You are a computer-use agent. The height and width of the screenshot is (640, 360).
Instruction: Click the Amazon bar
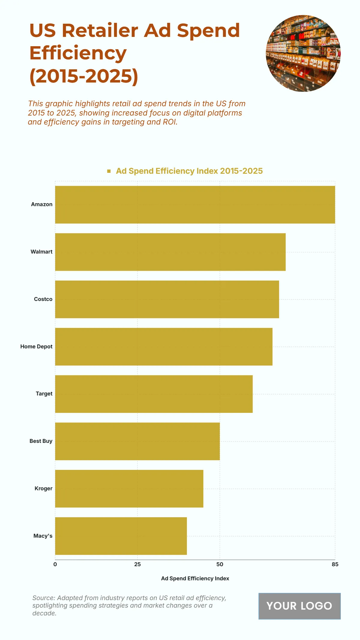[x=195, y=205]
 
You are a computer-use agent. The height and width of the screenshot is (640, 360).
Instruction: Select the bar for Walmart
[x=170, y=252]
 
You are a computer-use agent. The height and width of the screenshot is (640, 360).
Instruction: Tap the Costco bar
[x=167, y=299]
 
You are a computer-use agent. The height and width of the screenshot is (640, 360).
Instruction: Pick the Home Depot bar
[x=163, y=347]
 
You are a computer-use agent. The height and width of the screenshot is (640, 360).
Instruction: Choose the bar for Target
[x=154, y=394]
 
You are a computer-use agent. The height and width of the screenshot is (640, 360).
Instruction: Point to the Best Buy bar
[x=137, y=441]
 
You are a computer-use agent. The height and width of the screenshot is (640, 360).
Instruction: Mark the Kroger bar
[x=129, y=488]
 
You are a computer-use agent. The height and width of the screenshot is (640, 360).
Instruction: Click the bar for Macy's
[x=121, y=536]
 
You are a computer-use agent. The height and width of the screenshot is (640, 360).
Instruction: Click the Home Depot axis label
[x=36, y=347]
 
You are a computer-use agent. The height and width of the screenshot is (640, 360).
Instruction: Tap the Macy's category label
[x=43, y=536]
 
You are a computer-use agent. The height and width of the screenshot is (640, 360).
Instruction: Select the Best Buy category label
[x=41, y=441]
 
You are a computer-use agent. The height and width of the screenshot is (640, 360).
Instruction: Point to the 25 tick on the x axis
[x=137, y=564]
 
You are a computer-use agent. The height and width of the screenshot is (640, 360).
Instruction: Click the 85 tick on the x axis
[x=335, y=564]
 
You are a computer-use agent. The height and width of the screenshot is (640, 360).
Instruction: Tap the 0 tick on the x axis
[x=55, y=564]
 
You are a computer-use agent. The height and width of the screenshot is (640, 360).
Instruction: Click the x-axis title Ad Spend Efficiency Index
[x=195, y=578]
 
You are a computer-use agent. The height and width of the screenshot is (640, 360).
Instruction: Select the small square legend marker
[x=109, y=171]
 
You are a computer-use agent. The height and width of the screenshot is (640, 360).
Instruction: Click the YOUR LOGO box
[x=299, y=606]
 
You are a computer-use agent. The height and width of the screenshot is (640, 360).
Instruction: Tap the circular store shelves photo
[x=303, y=53]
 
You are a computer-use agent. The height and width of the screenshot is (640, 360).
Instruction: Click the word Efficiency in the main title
[x=78, y=53]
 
